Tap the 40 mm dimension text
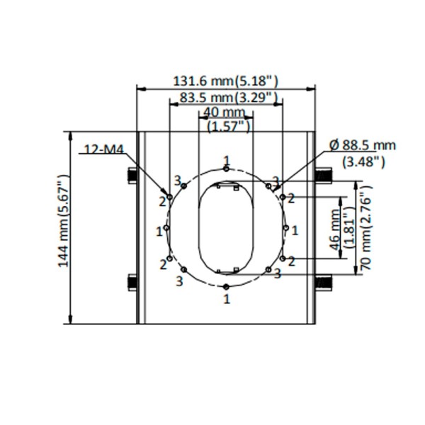coord(224,113)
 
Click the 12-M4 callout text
coord(102,149)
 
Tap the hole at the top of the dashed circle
coord(226,169)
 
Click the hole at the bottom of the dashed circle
coord(226,286)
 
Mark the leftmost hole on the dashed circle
coord(166,228)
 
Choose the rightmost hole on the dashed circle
coord(285,228)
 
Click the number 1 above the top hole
coord(226,159)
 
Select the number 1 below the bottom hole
coord(226,300)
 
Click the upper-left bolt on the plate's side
coord(131,175)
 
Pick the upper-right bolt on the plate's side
coord(322,175)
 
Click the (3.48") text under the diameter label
coord(363,161)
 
